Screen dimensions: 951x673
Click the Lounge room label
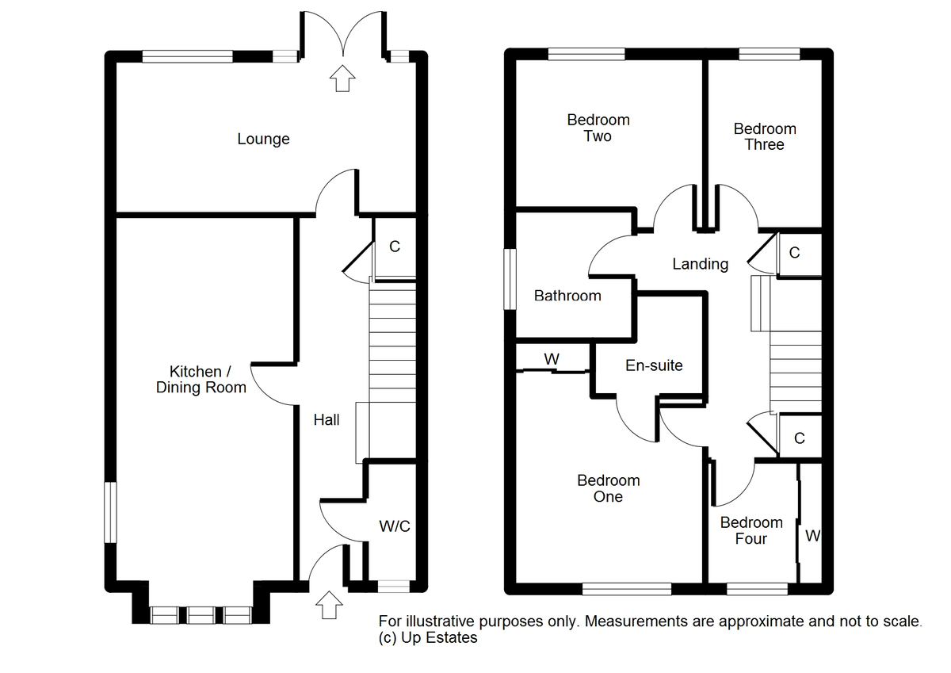(x=263, y=140)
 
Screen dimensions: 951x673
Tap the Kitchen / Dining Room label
(x=201, y=380)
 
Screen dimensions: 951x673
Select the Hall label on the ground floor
(x=327, y=420)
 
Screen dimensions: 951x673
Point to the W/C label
(x=395, y=526)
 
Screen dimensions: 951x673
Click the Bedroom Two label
(x=598, y=128)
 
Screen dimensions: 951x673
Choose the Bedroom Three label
(x=765, y=136)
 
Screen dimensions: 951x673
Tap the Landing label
(x=700, y=264)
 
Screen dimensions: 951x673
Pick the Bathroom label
(x=567, y=296)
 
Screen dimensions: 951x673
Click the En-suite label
(x=654, y=365)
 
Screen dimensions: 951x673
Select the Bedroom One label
(x=608, y=488)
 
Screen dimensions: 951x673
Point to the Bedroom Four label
(x=751, y=530)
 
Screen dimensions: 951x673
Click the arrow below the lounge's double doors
(x=342, y=78)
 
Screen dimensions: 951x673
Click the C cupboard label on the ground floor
(x=395, y=247)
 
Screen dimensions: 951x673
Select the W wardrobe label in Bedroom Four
(x=812, y=537)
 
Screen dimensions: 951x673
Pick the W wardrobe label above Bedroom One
(x=552, y=359)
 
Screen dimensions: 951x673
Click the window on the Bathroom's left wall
(x=511, y=279)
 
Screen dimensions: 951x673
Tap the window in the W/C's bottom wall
(x=393, y=587)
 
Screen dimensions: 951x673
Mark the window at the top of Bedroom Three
(x=770, y=55)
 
